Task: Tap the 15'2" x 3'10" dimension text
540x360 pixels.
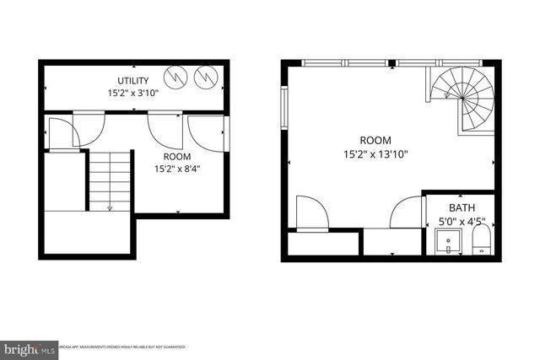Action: point(133,94)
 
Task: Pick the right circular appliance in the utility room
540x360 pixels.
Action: point(205,78)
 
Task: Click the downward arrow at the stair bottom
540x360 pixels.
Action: point(111,207)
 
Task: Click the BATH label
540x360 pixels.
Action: point(462,208)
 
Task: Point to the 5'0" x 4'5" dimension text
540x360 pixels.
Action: point(462,223)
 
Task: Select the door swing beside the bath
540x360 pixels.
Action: point(406,212)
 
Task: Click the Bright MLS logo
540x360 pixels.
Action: point(30,347)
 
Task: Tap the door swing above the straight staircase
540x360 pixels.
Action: point(63,133)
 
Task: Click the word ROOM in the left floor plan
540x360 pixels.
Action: point(177,157)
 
